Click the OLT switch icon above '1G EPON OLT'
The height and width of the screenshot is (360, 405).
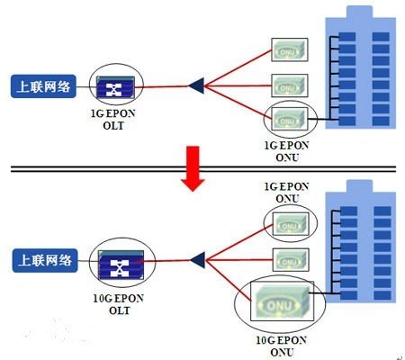[116, 87]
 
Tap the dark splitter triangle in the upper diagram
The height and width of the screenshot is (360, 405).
[195, 86]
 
